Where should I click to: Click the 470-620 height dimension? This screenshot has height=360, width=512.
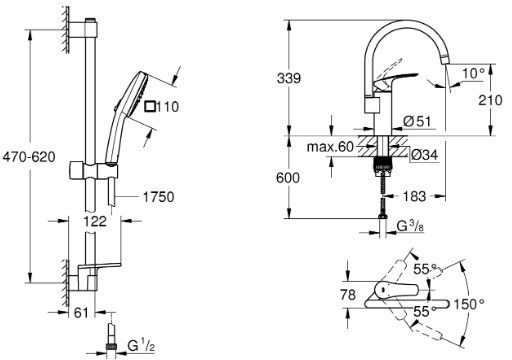coord(29,157)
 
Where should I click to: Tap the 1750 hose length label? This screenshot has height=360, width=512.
coord(158,197)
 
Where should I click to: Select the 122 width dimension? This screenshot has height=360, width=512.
coord(95,221)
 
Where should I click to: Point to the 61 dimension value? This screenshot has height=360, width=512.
coord(81,313)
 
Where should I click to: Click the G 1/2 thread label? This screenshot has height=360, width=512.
coord(141,346)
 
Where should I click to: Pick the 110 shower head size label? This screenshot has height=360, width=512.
coord(167,107)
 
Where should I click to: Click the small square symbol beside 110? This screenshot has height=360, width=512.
coord(150,107)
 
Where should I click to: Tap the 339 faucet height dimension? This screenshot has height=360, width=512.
coord(289,78)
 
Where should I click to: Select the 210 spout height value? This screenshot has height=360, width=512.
coord(490,100)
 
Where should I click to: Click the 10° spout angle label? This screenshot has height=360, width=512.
coord(473,73)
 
